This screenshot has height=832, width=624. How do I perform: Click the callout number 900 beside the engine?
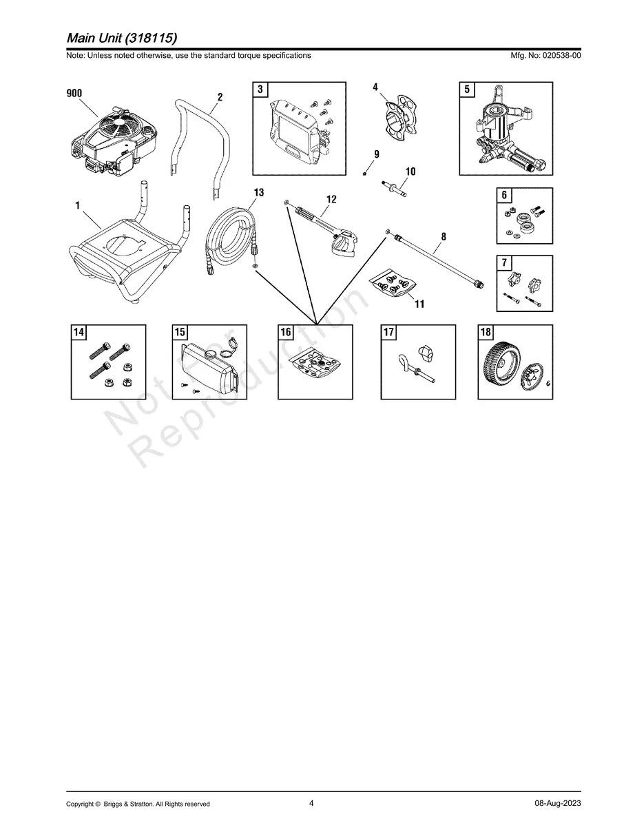pos(74,93)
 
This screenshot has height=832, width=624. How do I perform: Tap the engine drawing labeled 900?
pos(114,141)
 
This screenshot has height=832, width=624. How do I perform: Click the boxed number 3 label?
pos(260,90)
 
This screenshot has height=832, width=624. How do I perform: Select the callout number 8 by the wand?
pos(444,237)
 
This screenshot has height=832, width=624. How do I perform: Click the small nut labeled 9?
pos(364,174)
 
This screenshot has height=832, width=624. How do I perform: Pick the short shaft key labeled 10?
pos(395,189)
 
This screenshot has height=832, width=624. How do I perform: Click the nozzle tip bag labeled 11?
pos(394,284)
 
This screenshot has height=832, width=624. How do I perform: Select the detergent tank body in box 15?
pos(209,368)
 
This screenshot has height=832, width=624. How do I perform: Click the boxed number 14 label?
pos(79,333)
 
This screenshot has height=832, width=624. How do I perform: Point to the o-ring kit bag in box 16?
pos(315,363)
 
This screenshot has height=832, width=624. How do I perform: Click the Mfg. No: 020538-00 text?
pos(545,56)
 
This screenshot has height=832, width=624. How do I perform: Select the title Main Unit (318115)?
pos(122,38)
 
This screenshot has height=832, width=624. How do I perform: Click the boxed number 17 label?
pos(388,333)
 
